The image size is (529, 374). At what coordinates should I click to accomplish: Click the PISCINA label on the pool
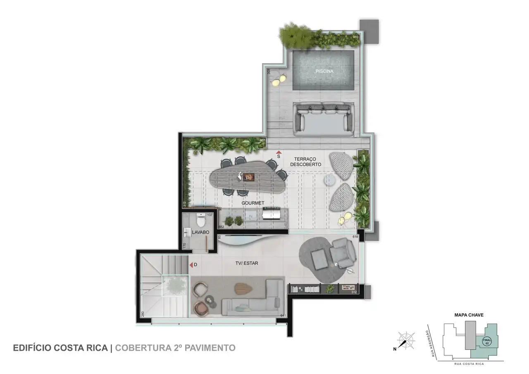tap(324, 71)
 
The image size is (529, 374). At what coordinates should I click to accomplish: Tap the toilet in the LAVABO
tap(201, 220)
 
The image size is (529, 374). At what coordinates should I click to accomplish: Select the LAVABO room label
tap(200, 233)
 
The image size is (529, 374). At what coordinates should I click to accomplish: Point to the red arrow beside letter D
tap(191, 264)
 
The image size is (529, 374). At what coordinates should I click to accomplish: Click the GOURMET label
tap(253, 203)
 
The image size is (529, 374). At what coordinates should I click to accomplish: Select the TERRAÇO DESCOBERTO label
tap(305, 162)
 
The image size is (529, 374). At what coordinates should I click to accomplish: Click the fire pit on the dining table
tap(248, 177)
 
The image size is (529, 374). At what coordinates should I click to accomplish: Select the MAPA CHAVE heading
tap(469, 315)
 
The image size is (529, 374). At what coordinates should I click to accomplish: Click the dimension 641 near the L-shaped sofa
tap(283, 316)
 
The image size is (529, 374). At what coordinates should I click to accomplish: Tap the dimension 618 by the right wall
tap(355, 237)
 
